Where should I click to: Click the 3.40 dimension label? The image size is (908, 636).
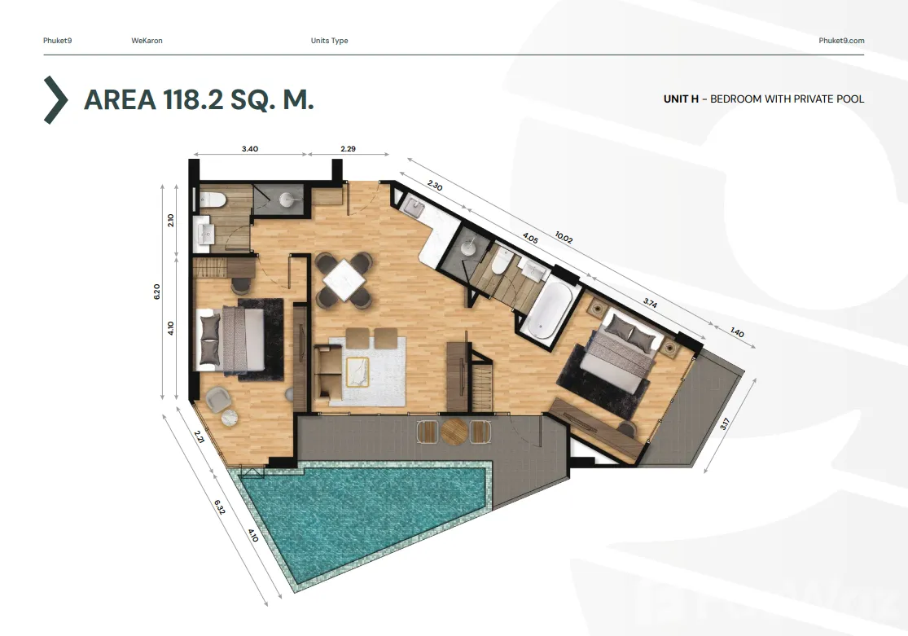[249, 149]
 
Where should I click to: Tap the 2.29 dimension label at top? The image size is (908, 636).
[348, 149]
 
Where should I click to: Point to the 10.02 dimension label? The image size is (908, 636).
[564, 238]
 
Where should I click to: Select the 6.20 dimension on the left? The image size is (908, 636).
[157, 292]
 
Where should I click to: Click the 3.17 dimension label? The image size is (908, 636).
[725, 424]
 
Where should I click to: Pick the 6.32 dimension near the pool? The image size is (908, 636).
[220, 507]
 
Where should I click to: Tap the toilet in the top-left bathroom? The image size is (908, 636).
[212, 200]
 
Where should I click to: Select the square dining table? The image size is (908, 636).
[344, 280]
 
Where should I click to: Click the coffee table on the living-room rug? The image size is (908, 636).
[357, 372]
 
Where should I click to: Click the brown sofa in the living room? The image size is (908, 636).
[328, 374]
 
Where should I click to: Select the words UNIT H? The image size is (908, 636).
[681, 99]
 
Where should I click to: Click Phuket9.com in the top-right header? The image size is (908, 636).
[841, 41]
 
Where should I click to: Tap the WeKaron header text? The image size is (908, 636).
[147, 41]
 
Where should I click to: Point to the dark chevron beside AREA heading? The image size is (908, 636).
[56, 100]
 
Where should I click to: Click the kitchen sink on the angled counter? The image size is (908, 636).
[415, 206]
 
